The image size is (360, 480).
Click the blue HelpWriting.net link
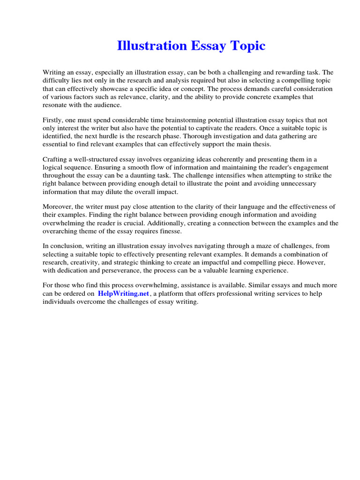pyautogui.click(x=123, y=293)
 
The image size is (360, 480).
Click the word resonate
pyautogui.click(x=55, y=105)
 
